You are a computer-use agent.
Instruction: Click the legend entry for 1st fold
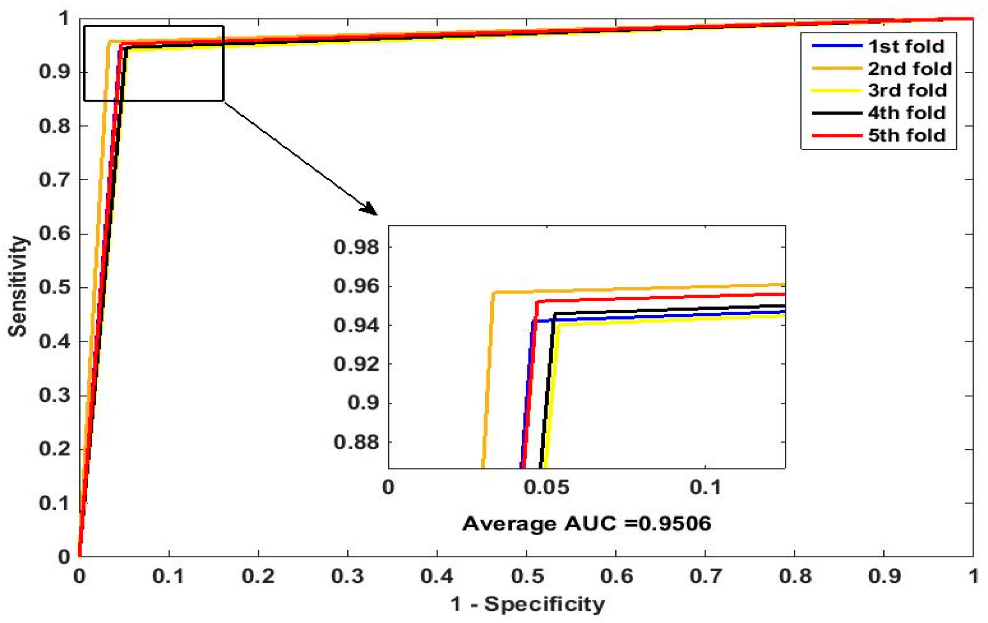pos(905,46)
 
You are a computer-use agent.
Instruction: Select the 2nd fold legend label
pos(909,69)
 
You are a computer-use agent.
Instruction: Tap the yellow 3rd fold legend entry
pos(907,90)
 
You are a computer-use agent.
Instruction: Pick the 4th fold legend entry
pos(906,113)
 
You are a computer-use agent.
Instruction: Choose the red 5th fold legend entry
pos(906,135)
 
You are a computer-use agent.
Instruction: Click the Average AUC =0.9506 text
pos(586,524)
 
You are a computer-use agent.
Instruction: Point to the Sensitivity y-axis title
pos(18,286)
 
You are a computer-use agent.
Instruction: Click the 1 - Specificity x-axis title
pos(527,604)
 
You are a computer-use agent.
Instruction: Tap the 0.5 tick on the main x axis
pos(527,576)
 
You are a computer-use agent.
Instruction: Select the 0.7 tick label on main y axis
pos(54,180)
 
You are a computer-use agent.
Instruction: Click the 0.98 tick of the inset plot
pos(356,247)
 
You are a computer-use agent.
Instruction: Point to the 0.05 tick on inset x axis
pos(546,488)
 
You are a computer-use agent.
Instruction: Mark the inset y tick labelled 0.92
pos(356,364)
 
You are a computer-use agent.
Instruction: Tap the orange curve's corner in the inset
pos(493,293)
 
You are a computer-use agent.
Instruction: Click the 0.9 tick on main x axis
pos(885,576)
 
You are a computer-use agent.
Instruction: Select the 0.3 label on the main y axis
pos(54,396)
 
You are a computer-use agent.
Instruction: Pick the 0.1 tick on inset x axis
pos(705,488)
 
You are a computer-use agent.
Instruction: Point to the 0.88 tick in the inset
pos(356,442)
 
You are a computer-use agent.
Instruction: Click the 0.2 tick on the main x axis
pos(258,576)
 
